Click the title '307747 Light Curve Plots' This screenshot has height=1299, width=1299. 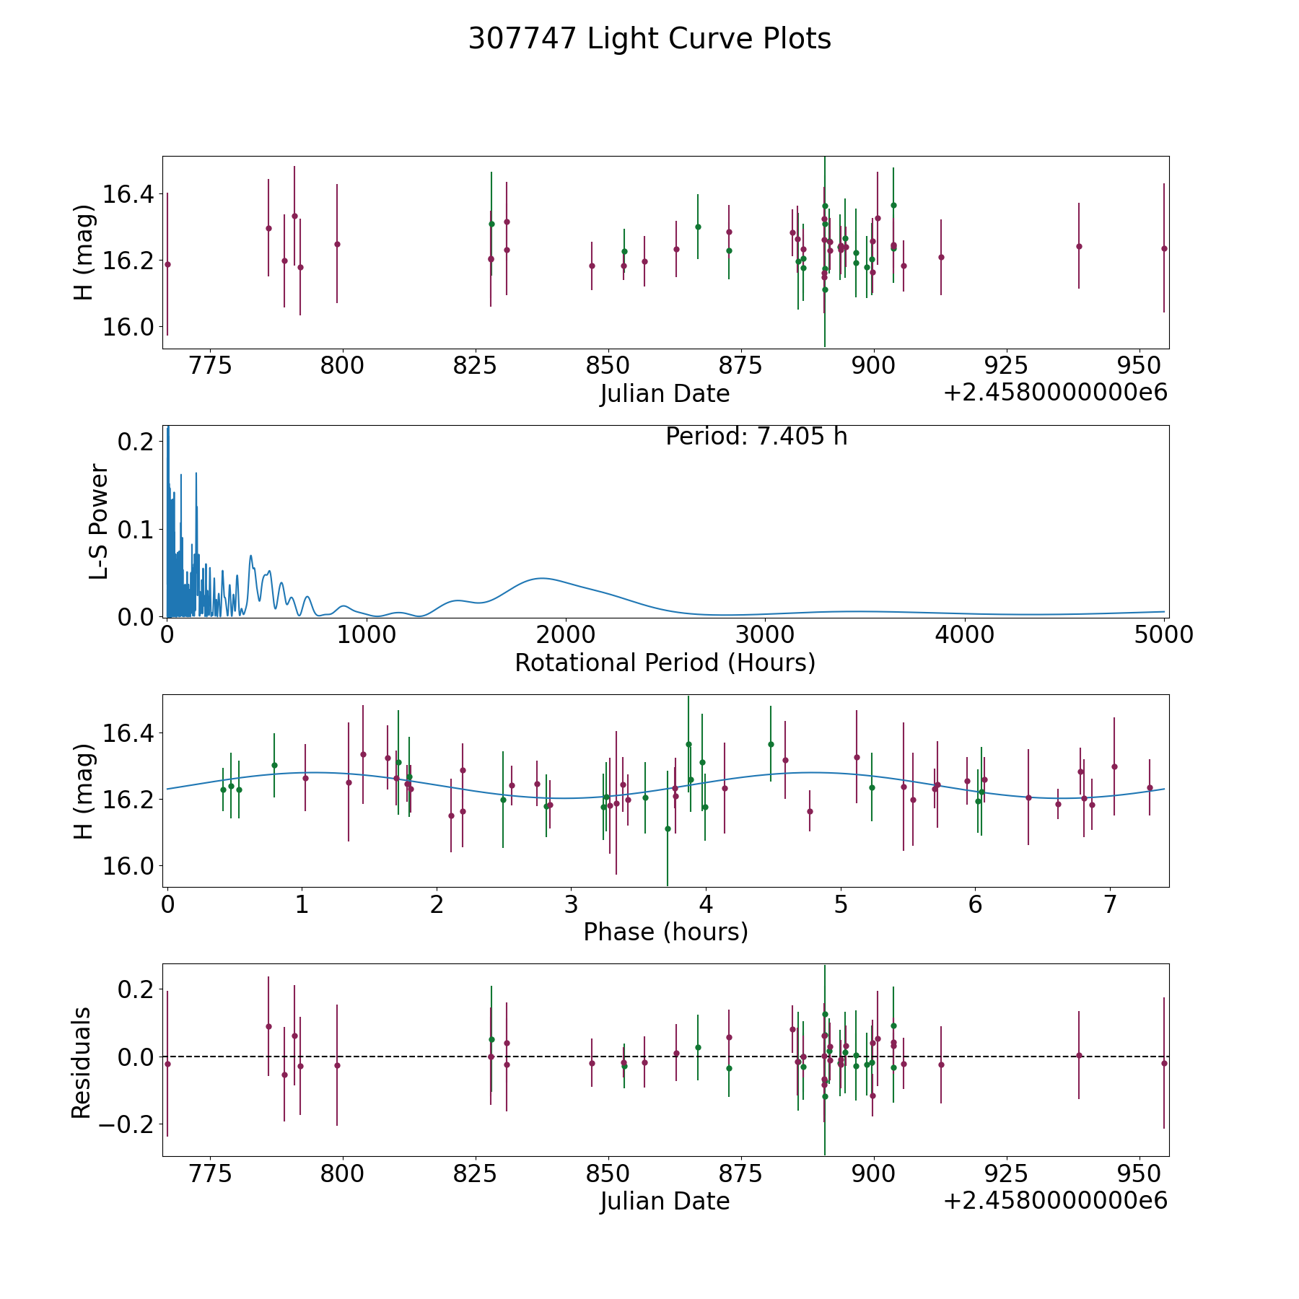649,39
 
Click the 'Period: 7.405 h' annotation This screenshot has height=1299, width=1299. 756,437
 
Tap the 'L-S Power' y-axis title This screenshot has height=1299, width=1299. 99,521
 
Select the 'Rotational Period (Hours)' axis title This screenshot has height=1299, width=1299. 665,662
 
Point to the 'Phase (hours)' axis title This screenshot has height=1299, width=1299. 665,932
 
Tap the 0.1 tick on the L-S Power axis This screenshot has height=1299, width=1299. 136,530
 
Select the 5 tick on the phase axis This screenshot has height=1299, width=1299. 841,904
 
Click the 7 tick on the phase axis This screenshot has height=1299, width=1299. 1110,904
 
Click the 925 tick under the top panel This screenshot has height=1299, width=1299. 1006,365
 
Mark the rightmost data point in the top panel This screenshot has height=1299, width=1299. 1163,248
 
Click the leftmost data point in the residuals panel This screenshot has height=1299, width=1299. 167,1064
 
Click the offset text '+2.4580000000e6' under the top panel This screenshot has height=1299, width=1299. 1055,393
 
